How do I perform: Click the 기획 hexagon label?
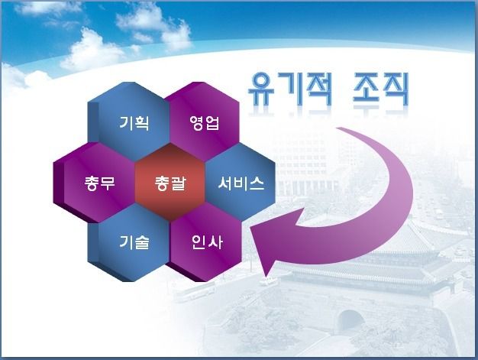pyautogui.click(x=134, y=123)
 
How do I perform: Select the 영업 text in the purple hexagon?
pyautogui.click(x=204, y=123)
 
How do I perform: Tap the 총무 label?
pyautogui.click(x=99, y=183)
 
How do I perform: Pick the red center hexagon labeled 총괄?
pyautogui.click(x=170, y=183)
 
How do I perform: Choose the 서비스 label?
pyautogui.click(x=241, y=183)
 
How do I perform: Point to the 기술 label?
pyautogui.click(x=134, y=242)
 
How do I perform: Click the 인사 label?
pyautogui.click(x=207, y=242)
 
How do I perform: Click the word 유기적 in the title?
pyautogui.click(x=289, y=89)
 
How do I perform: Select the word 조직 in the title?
pyautogui.click(x=381, y=89)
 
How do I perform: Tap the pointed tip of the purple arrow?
pyautogui.click(x=250, y=228)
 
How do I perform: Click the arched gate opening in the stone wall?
pyautogui.click(x=351, y=320)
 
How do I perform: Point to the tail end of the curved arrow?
pyautogui.click(x=340, y=128)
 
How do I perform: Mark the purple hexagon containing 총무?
pyautogui.click(x=95, y=183)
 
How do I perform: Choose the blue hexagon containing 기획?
pyautogui.click(x=128, y=122)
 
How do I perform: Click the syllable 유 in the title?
pyautogui.click(x=262, y=89)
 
